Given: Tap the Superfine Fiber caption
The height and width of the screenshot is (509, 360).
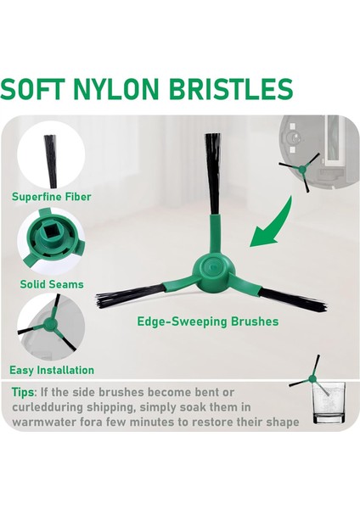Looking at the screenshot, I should [x=51, y=197].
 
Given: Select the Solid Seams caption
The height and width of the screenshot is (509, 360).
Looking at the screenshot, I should [x=52, y=284].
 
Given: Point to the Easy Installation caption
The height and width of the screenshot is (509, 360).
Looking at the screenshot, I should [x=52, y=370].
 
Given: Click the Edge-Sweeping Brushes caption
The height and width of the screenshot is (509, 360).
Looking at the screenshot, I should [x=208, y=322].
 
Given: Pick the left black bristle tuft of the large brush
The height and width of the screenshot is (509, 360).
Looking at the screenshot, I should [x=132, y=296].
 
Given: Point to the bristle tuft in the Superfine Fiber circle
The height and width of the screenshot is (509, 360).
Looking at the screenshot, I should [x=50, y=153].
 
